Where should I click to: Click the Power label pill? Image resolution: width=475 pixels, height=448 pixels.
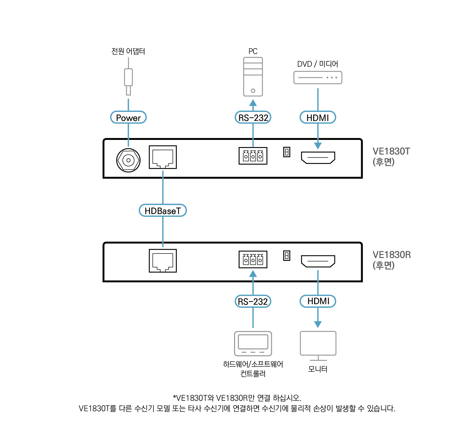pyautogui.click(x=128, y=117)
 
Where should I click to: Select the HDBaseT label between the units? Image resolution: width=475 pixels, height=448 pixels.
pyautogui.click(x=163, y=210)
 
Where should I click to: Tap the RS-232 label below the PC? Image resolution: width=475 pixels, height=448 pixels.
pyautogui.click(x=253, y=117)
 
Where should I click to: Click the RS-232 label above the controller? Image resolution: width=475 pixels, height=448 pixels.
pyautogui.click(x=253, y=301)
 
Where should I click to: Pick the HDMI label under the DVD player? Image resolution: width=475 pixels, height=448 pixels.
pyautogui.click(x=318, y=117)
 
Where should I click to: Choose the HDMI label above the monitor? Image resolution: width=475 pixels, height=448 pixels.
pyautogui.click(x=318, y=301)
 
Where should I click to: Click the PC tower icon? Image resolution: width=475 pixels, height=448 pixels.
pyautogui.click(x=253, y=77)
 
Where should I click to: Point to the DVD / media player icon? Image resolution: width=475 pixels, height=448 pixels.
pyautogui.click(x=318, y=77)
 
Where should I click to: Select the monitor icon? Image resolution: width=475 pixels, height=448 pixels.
pyautogui.click(x=318, y=345)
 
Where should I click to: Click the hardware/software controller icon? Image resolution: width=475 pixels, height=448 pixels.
pyautogui.click(x=253, y=343)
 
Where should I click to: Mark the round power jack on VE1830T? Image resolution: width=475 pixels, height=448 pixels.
pyautogui.click(x=128, y=160)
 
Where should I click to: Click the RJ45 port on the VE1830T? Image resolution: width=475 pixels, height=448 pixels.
pyautogui.click(x=163, y=157)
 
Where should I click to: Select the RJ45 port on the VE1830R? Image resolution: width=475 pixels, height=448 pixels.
pyautogui.click(x=163, y=261)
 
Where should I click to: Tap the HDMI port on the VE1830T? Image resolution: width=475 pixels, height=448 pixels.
pyautogui.click(x=318, y=157)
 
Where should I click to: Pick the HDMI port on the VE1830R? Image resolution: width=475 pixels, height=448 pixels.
pyautogui.click(x=318, y=261)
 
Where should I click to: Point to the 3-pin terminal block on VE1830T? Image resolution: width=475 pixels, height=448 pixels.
pyautogui.click(x=253, y=156)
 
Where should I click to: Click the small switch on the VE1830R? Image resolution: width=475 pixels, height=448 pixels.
pyautogui.click(x=286, y=256)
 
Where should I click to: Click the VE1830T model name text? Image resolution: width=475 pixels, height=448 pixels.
pyautogui.click(x=391, y=151)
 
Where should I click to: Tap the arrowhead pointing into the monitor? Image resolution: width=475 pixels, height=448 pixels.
pyautogui.click(x=318, y=324)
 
